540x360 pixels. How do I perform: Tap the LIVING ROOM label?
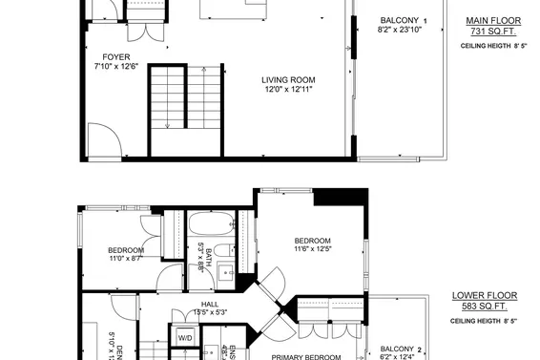point(288,79)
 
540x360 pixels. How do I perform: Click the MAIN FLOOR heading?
point(487,20)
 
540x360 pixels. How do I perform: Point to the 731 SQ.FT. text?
point(487,32)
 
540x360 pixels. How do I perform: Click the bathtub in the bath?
point(211,225)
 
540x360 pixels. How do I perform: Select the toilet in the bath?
point(221,251)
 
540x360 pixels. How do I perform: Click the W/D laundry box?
point(183,338)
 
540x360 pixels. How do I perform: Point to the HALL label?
point(210,304)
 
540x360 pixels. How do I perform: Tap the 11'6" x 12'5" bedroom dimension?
point(312,250)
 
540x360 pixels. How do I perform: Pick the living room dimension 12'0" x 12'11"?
point(288,89)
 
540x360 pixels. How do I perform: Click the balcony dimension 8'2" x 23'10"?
point(400,31)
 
